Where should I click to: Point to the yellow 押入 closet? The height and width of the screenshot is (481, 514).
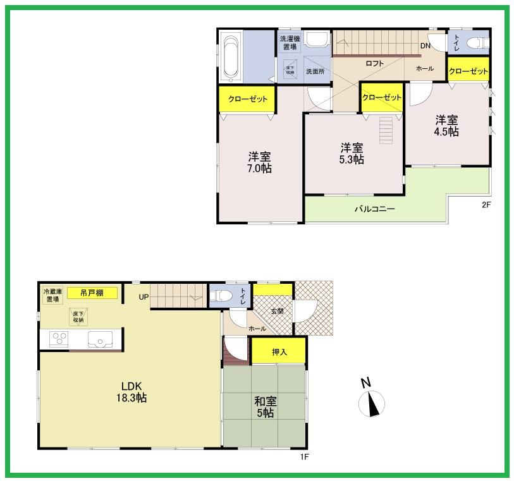click(x=279, y=351)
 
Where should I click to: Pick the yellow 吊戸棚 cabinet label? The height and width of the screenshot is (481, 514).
click(x=92, y=293)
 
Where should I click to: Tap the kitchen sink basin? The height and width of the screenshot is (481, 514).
click(x=100, y=340)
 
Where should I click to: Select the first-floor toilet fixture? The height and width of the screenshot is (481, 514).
click(x=222, y=295)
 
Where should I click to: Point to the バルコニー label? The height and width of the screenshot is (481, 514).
click(x=374, y=208)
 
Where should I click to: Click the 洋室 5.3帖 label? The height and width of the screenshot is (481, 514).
click(x=352, y=154)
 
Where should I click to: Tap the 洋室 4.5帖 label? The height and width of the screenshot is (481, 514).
click(x=446, y=125)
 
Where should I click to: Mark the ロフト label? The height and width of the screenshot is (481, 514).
click(x=374, y=63)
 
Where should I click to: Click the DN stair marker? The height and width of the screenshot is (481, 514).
click(x=425, y=46)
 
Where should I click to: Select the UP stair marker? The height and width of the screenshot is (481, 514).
click(x=144, y=296)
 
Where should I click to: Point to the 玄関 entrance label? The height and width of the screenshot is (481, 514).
click(x=278, y=311)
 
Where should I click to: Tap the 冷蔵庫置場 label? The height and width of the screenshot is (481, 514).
click(x=52, y=295)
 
